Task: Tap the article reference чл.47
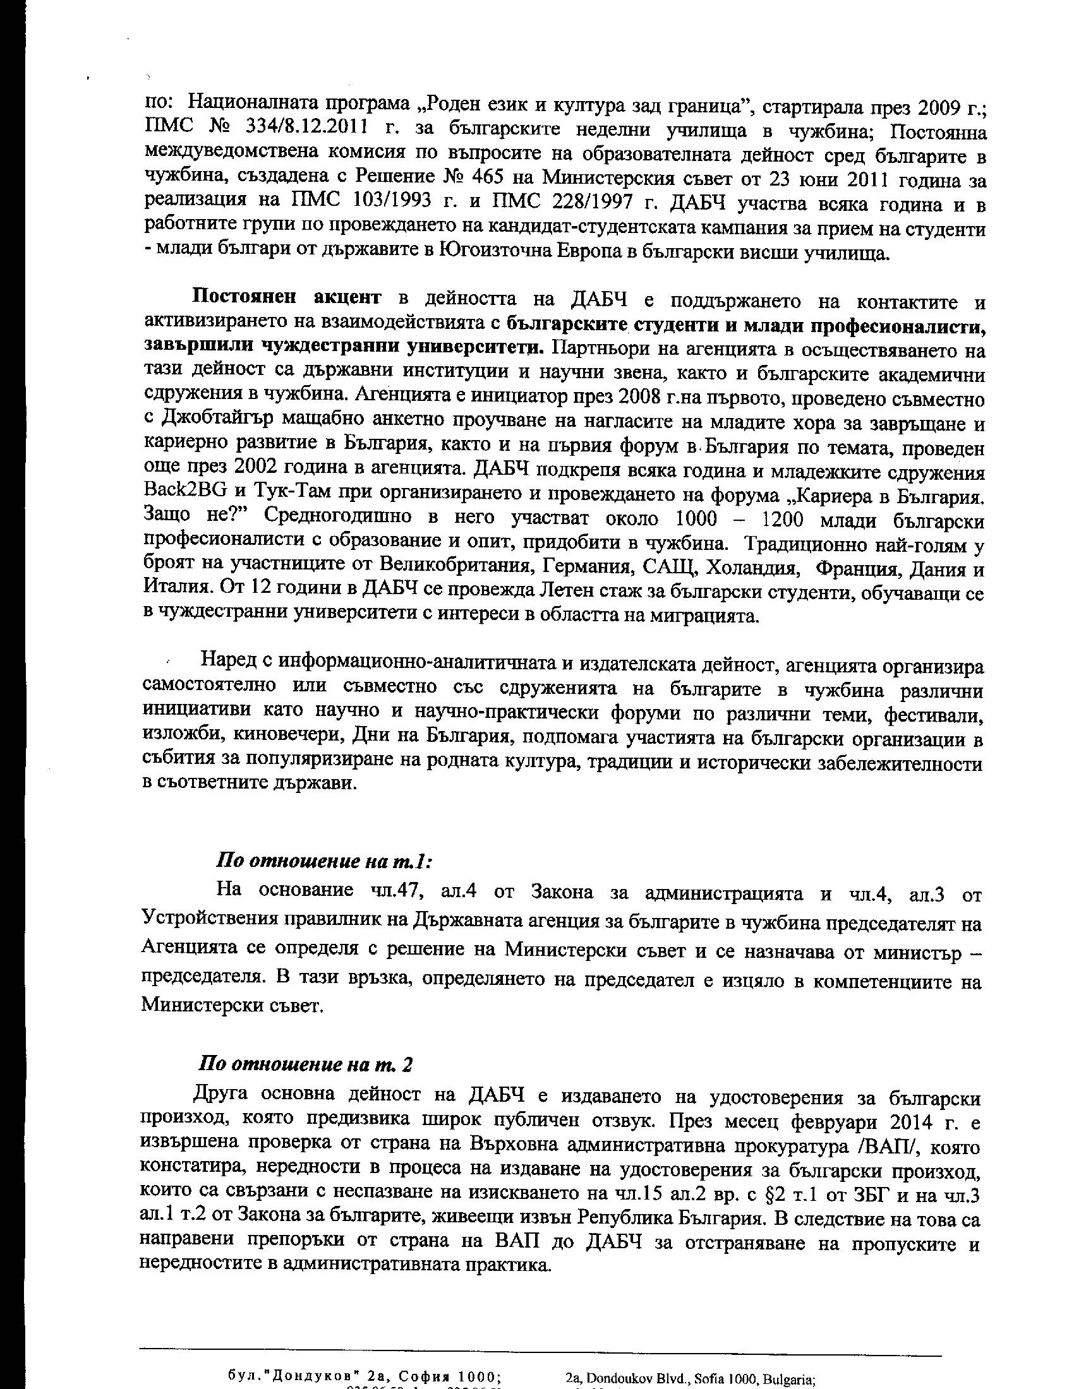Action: [x=396, y=890]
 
